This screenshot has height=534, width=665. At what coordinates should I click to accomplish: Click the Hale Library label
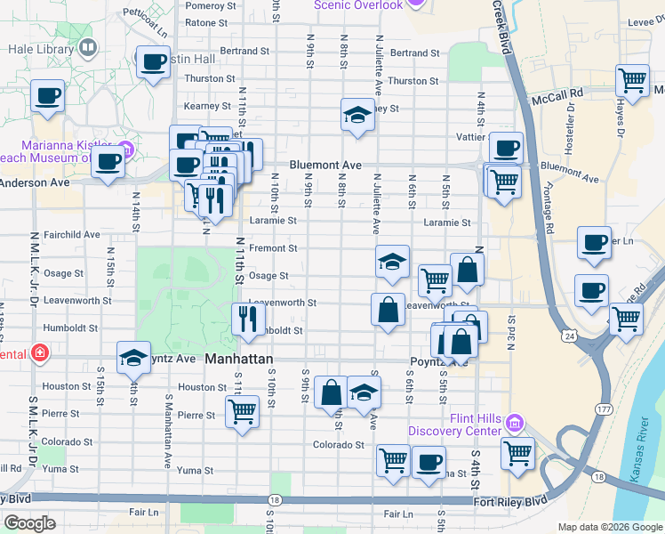[x=41, y=50]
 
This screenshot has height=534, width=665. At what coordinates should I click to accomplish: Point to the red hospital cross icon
[x=39, y=352]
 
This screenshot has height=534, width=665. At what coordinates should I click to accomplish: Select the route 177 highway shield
[x=605, y=409]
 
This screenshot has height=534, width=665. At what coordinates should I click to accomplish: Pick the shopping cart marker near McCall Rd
[x=632, y=81]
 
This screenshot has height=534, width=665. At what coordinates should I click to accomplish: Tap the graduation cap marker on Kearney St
[x=357, y=114]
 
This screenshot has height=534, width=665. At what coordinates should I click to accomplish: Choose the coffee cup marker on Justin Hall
[x=153, y=62]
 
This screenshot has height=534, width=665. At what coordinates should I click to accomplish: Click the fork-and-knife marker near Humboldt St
[x=247, y=317]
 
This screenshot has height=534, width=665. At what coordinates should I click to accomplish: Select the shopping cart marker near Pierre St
[x=241, y=412]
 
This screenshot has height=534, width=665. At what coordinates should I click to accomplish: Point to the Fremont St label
[x=273, y=248]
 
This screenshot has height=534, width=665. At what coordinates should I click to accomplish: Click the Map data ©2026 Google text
[x=609, y=527]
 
